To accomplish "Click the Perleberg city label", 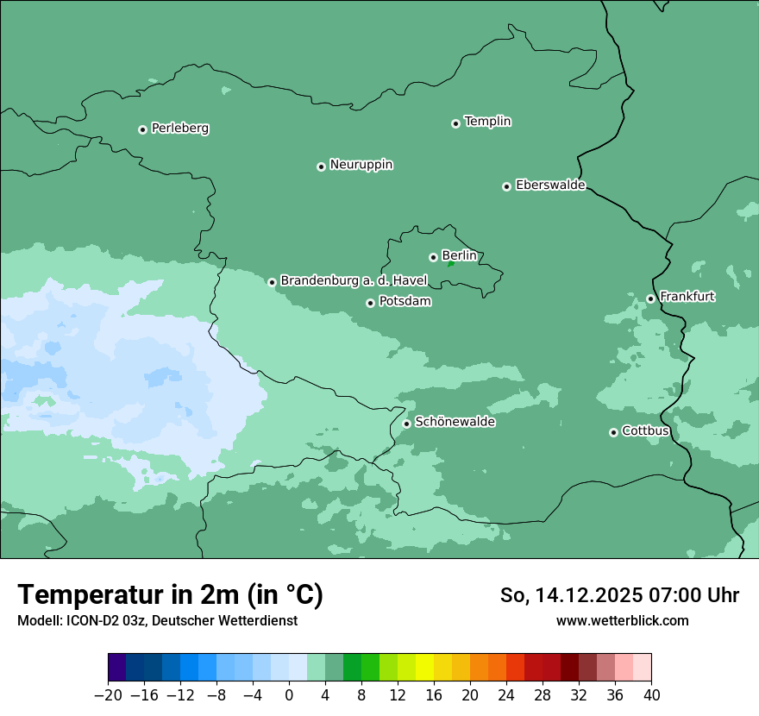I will coord(179,129).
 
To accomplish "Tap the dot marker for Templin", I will coord(455,123).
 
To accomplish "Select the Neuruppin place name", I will coord(361,165).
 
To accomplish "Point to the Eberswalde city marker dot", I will coord(507,186).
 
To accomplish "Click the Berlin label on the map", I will coord(459,256).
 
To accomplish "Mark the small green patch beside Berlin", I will coord(450,264).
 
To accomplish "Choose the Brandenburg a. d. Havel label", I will coord(354,281).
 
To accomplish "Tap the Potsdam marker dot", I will coord(370,303).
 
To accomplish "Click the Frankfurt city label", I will coord(687,297).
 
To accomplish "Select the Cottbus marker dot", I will coord(613,432).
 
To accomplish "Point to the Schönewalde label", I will coord(455,422).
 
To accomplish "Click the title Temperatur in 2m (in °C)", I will coord(170,595).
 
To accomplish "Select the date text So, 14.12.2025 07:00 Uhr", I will coord(619,595).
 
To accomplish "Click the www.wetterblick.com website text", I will coord(622,620).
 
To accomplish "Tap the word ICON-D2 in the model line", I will coord(88,621).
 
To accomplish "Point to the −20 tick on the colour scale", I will coord(108,695).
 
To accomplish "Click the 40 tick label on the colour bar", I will coord(651,695).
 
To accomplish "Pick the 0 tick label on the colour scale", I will coord(289,695).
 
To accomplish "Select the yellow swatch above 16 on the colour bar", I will coord(424,668).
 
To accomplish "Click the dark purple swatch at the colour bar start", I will coord(116,668).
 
